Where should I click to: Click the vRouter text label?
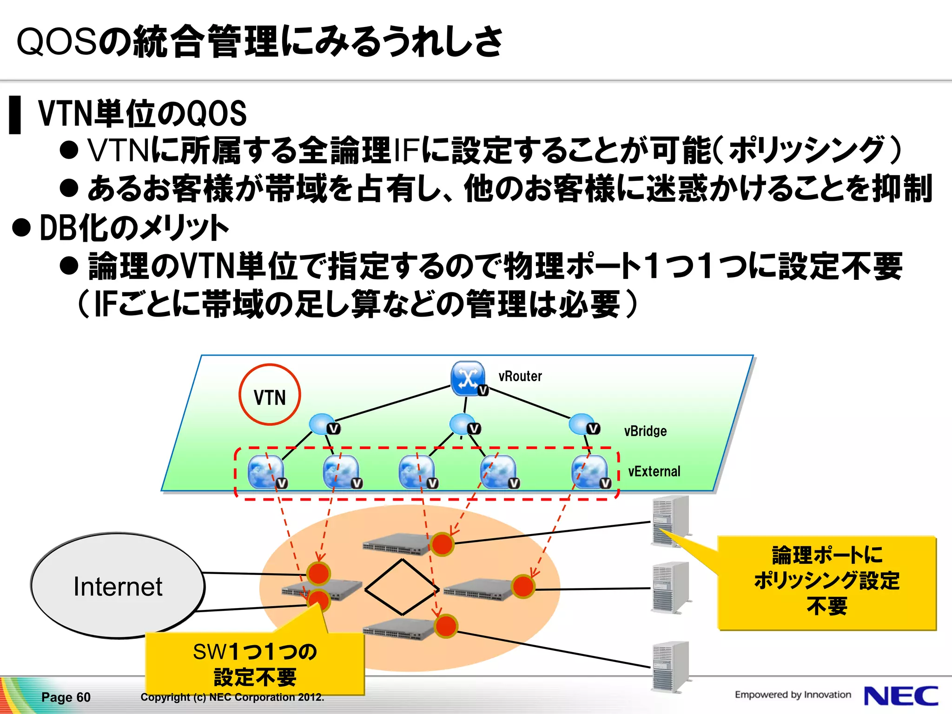point(520,376)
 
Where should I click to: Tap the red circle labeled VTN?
point(270,395)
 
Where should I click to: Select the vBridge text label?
point(645,431)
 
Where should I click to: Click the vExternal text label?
point(654,471)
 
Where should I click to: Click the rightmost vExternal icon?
point(589,472)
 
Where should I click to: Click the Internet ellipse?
point(118,586)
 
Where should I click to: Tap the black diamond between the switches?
point(402,587)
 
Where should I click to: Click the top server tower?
point(670,521)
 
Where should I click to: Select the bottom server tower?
point(670,667)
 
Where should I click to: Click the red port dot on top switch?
point(442,544)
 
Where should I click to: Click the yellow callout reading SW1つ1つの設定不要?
point(255,664)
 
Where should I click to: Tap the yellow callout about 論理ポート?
point(826,582)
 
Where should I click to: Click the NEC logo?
point(900,696)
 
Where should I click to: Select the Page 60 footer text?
point(66,697)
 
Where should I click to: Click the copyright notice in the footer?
point(232,697)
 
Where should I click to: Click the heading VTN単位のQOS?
point(142,114)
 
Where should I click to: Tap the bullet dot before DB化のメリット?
point(21,228)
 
